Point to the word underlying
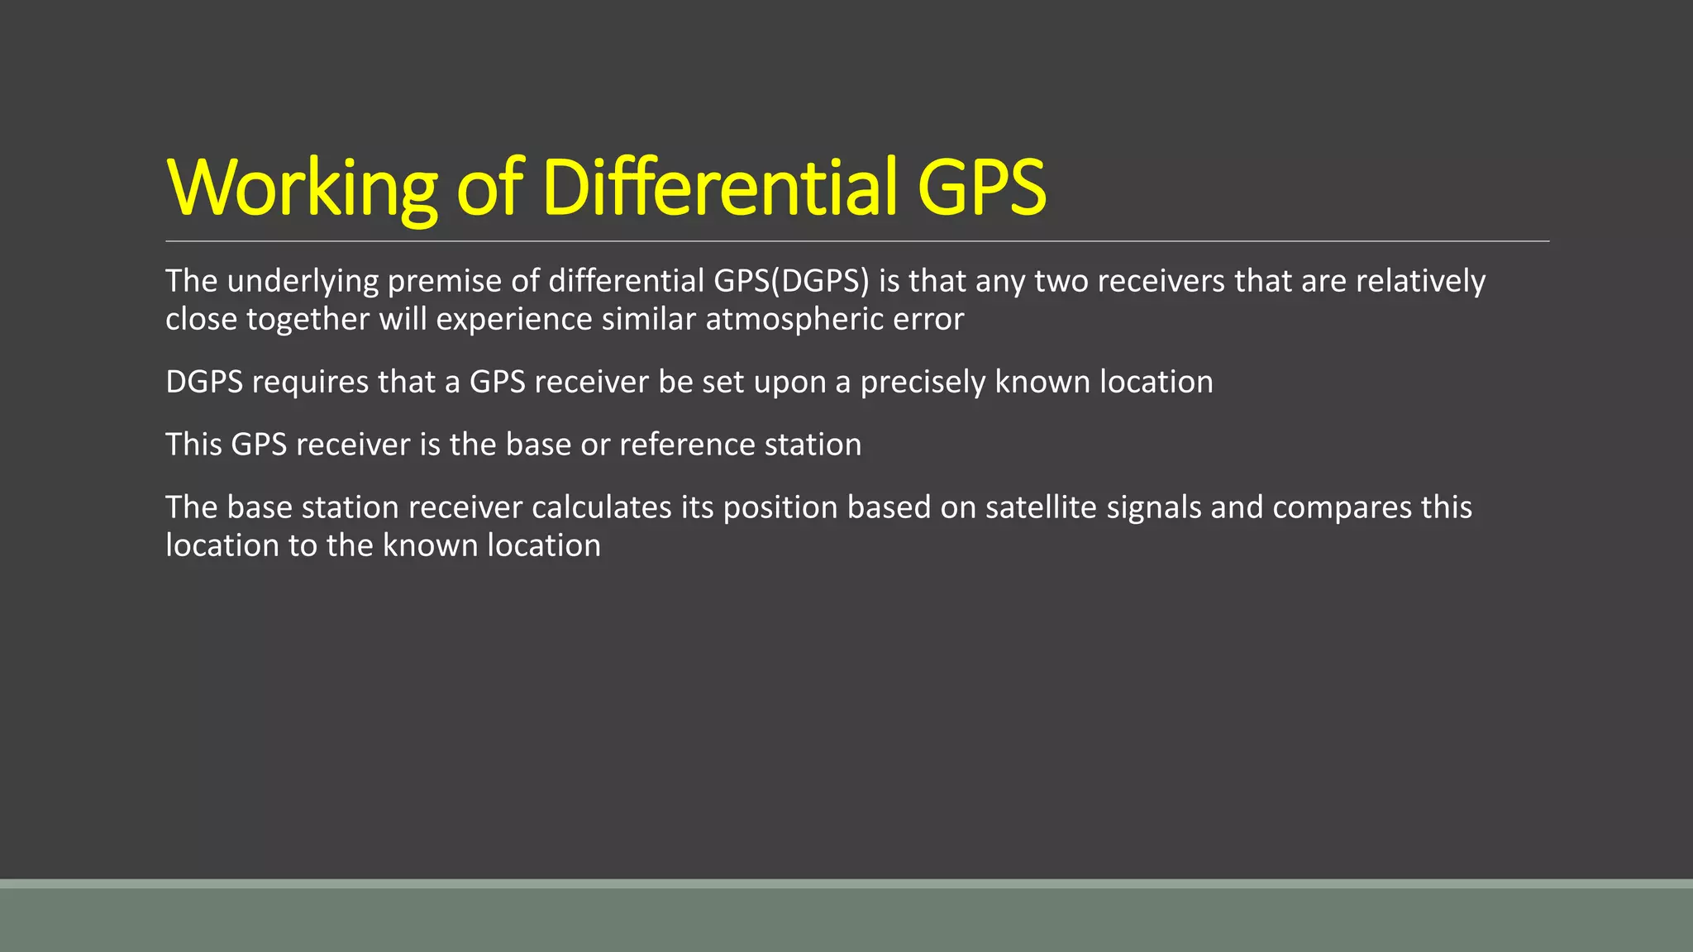pos(303,282)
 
